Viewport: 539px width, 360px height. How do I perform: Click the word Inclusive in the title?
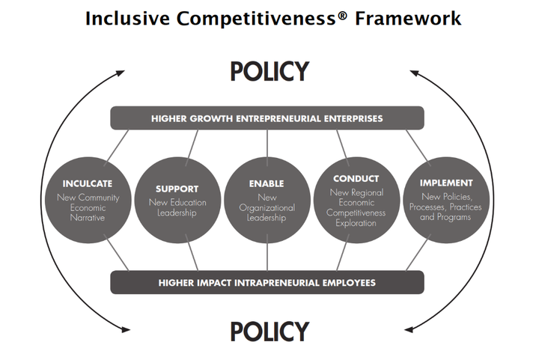tap(127, 18)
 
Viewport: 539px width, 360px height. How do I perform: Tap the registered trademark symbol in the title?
tap(342, 15)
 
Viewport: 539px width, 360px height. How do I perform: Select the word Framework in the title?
tap(408, 18)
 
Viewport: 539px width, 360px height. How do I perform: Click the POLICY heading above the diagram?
tap(269, 71)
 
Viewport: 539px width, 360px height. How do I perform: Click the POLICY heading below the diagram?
tap(269, 332)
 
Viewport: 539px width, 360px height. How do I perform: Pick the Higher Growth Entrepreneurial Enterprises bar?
tap(267, 118)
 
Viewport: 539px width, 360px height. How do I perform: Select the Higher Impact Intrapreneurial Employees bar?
tap(267, 282)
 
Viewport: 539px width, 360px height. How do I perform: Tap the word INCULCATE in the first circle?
tap(88, 184)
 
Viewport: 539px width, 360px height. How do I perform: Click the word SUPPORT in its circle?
tap(177, 189)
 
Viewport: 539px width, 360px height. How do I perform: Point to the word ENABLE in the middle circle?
tap(267, 184)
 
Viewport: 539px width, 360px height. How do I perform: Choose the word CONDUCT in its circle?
tap(356, 179)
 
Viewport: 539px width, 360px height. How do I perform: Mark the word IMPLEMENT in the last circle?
tap(446, 183)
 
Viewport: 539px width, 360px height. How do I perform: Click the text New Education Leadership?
tap(177, 207)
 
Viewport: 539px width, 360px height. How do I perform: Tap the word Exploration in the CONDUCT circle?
tap(356, 223)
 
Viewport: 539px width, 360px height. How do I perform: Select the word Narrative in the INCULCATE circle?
tap(88, 218)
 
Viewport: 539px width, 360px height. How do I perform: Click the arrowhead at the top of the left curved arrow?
tap(121, 73)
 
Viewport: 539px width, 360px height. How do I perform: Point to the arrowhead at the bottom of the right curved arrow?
tap(409, 330)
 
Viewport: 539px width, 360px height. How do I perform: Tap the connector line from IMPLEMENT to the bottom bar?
tap(418, 252)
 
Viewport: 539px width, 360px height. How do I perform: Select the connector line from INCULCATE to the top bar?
tap(116, 146)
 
